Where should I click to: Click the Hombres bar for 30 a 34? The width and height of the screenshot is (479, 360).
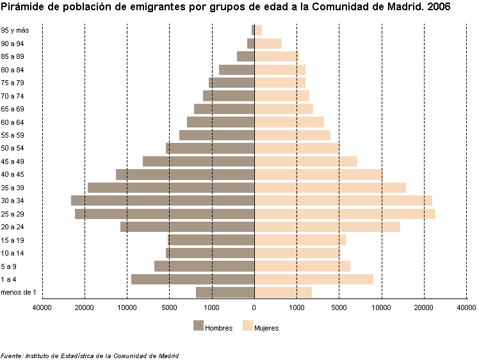[163, 200]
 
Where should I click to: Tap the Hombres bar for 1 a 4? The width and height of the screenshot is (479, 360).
[193, 279]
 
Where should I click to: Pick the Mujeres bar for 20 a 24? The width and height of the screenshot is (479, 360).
[327, 227]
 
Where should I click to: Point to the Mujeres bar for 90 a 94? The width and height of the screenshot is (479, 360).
[268, 44]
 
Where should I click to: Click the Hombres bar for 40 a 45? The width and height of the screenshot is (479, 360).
[185, 174]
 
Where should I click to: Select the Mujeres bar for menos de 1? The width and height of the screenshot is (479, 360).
[283, 293]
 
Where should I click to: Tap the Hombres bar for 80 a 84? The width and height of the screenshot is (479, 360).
[237, 70]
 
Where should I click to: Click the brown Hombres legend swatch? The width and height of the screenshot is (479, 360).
[198, 326]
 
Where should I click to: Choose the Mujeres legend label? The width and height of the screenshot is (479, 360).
[266, 328]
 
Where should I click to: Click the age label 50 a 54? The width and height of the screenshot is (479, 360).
[13, 149]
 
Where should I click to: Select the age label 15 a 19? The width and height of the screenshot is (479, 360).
[13, 240]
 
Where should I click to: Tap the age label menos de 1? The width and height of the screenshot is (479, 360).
[18, 293]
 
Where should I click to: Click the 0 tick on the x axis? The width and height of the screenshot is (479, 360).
[254, 307]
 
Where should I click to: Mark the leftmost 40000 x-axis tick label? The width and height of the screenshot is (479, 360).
[42, 307]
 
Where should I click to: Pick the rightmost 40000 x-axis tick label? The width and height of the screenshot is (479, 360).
[466, 307]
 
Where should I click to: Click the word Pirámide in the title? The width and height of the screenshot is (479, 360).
[22, 8]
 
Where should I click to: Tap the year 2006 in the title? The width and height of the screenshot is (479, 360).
[437, 8]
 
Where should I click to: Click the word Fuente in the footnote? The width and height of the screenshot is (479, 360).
[12, 356]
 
